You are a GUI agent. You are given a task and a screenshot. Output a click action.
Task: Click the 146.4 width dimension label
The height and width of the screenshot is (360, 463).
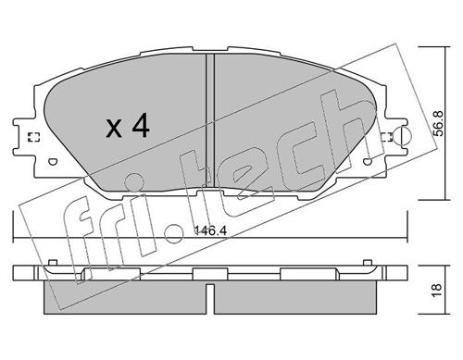[211, 230]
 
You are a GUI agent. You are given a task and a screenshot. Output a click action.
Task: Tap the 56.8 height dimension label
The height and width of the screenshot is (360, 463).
[438, 123]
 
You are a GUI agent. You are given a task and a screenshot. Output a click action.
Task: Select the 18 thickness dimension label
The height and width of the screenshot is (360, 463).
[438, 290]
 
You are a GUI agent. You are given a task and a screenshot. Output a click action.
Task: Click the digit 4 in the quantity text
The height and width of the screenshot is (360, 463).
[141, 125]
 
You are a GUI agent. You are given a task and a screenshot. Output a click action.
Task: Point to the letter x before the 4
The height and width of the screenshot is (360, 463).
[114, 129]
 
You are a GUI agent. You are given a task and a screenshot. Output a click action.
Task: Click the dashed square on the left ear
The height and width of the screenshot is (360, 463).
[33, 137]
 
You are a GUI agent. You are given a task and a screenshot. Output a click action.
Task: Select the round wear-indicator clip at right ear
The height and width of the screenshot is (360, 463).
[403, 135]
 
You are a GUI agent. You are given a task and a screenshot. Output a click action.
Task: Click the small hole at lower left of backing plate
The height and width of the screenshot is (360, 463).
[53, 161]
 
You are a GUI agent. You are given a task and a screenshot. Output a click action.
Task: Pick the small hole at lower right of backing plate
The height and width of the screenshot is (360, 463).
[367, 161]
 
